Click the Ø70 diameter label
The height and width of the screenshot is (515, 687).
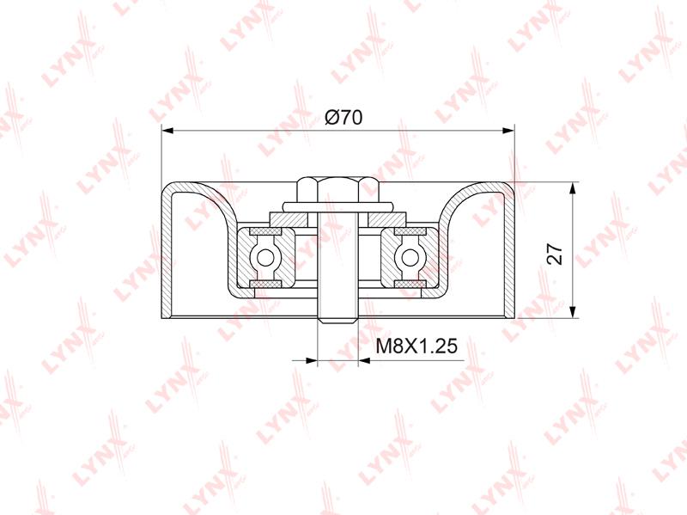point(343,118)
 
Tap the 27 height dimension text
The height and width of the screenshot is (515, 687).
point(555,253)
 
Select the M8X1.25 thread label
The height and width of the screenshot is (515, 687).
point(416,346)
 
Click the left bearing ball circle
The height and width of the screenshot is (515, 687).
point(265,257)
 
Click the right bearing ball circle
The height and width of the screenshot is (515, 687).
point(410,257)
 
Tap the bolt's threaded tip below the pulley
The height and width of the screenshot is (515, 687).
point(337,319)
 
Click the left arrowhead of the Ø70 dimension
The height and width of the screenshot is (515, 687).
point(167,131)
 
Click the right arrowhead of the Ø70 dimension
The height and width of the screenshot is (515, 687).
point(508,131)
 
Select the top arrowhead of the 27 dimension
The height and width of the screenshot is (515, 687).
point(572,187)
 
